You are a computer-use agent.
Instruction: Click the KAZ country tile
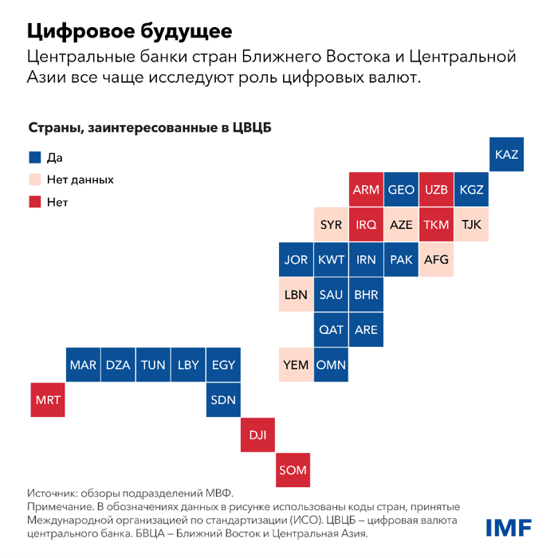(506, 155)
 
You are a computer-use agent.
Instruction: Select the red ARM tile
(366, 190)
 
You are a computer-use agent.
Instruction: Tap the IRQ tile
(366, 225)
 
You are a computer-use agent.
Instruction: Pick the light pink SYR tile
(331, 225)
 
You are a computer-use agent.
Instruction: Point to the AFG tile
(436, 260)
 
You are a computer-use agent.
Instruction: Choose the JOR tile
(296, 260)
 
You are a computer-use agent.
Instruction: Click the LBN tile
(296, 295)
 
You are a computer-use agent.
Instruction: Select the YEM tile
(296, 365)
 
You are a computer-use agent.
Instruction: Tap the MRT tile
(49, 399)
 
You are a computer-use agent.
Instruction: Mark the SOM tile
(293, 470)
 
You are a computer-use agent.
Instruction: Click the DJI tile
(257, 435)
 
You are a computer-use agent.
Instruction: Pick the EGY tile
(223, 365)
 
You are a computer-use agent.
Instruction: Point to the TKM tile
(436, 225)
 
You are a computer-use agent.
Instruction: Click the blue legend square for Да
(33, 158)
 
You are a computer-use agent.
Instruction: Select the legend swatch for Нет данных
(33, 179)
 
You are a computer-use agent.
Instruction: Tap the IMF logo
(509, 526)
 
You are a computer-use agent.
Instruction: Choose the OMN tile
(331, 365)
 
